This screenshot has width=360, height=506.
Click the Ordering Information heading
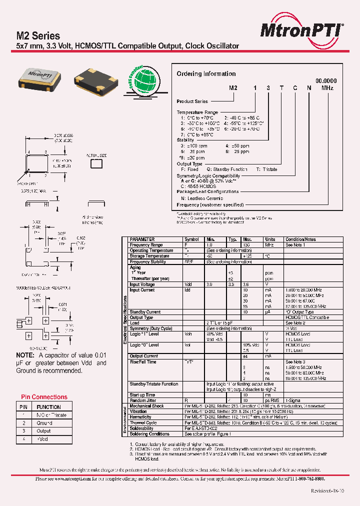pyautogui.click(x=206, y=73)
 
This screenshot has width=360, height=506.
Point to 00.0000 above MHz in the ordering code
pyautogui.click(x=326, y=80)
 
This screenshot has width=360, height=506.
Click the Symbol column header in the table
pyautogui.click(x=191, y=239)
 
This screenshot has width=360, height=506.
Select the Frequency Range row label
pyautogui.click(x=146, y=245)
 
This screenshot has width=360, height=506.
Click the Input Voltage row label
pyautogui.click(x=142, y=284)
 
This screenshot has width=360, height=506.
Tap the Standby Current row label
pyautogui.click(x=145, y=312)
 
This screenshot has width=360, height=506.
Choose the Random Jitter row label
pyautogui.click(x=143, y=400)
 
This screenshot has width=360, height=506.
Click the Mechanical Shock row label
pyautogui.click(x=147, y=406)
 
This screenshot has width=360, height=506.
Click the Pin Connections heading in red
pyautogui.click(x=44, y=397)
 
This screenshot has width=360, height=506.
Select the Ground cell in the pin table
pyautogui.click(x=44, y=423)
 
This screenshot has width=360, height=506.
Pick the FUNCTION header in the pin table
pyautogui.click(x=49, y=407)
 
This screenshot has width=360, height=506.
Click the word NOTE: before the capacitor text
pyautogui.click(x=25, y=355)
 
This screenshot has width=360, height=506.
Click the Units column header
pyautogui.click(x=270, y=239)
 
